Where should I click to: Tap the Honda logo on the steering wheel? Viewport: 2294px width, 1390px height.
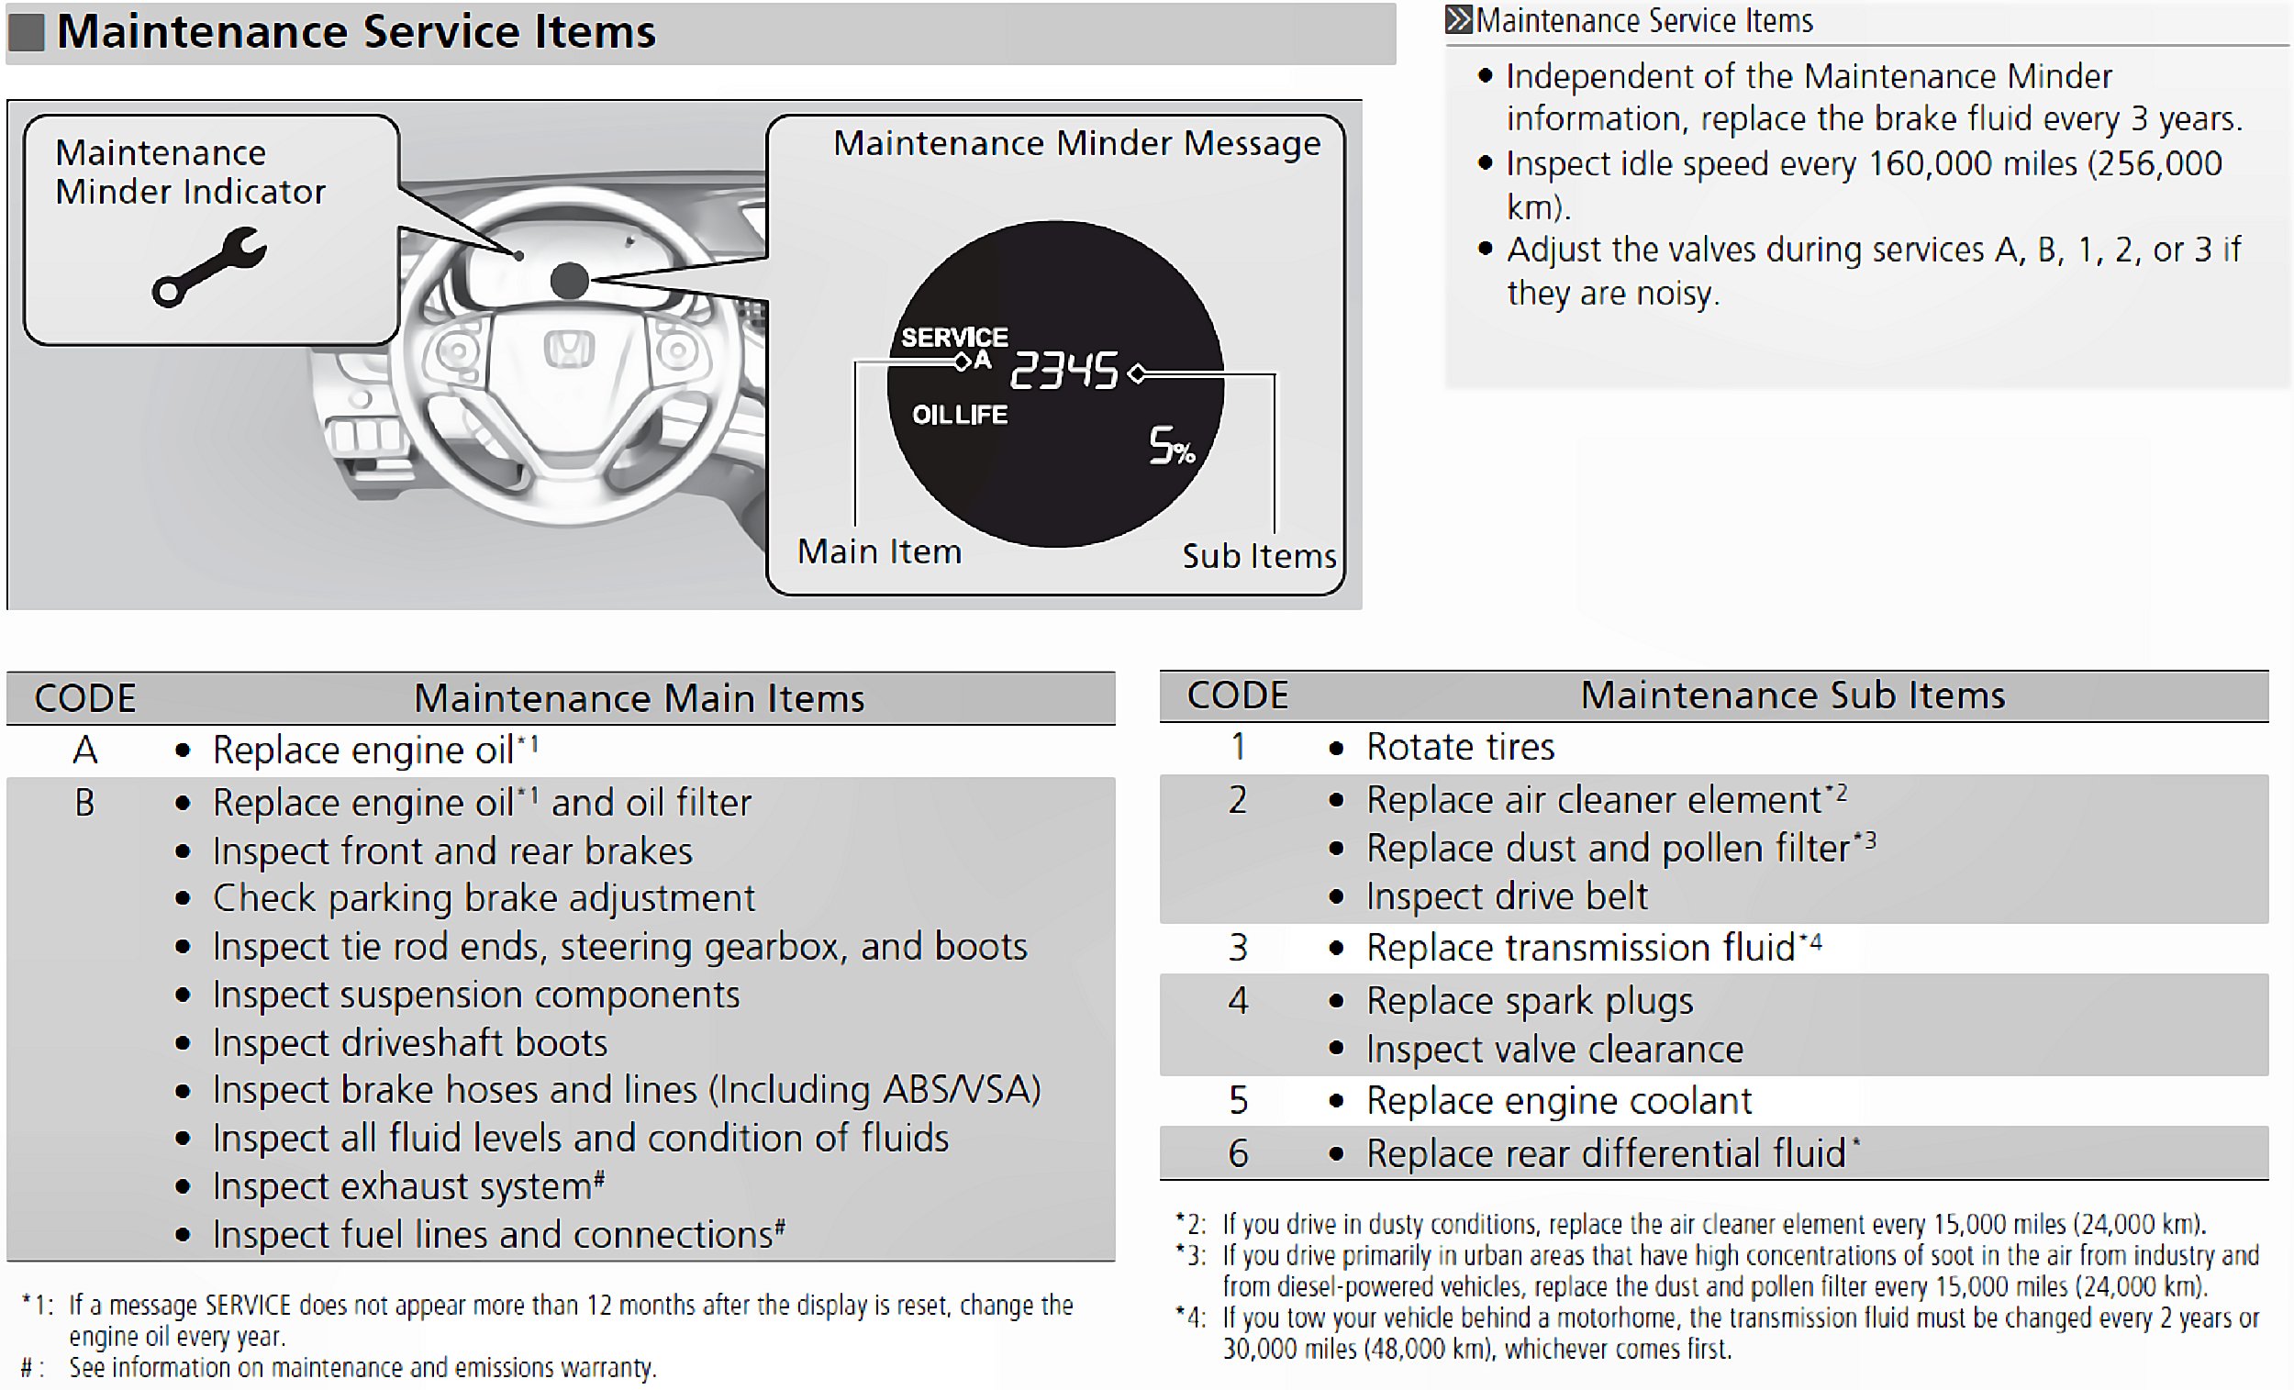[x=569, y=350]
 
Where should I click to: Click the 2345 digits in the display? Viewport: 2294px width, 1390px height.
[x=1063, y=371]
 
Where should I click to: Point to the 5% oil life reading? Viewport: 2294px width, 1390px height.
[x=1170, y=446]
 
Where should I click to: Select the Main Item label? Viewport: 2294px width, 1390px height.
[x=879, y=552]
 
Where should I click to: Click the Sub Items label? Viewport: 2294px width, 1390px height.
[x=1259, y=556]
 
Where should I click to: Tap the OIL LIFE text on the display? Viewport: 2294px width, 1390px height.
[x=959, y=416]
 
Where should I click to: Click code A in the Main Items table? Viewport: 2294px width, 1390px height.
[x=84, y=751]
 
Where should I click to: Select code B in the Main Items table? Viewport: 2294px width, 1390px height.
[x=84, y=804]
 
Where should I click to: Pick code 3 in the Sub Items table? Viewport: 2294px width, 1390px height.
[x=1237, y=948]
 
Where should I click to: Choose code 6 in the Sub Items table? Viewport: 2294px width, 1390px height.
[x=1237, y=1153]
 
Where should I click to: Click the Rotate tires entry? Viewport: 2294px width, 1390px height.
[x=1460, y=748]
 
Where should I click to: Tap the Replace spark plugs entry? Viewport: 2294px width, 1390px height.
[x=1529, y=1002]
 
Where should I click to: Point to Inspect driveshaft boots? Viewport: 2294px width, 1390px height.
[x=409, y=1044]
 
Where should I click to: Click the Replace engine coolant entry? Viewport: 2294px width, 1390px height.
[x=1558, y=1101]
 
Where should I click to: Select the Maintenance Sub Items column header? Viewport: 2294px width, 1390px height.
[x=1792, y=695]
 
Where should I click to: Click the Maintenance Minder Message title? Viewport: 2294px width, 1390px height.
[x=1076, y=143]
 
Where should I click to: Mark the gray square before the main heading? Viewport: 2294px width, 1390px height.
[x=26, y=33]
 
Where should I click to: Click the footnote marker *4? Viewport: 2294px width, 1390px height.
[x=1190, y=1318]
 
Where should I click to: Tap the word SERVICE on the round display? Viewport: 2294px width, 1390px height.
[x=954, y=337]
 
